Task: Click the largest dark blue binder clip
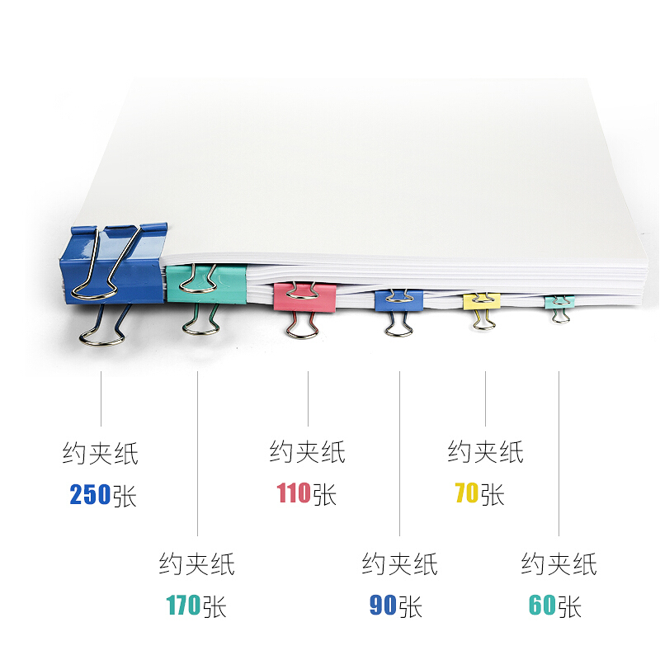point(114,265)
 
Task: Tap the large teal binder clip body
point(206,283)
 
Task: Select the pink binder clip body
point(304,297)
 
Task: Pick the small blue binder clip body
point(399,300)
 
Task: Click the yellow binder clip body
point(482,301)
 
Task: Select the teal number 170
point(183,606)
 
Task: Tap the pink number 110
point(294,493)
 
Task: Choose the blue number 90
point(383,606)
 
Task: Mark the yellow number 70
point(467,493)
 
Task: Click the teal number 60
point(542,606)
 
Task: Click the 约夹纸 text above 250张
point(101,453)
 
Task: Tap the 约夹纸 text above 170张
point(197,564)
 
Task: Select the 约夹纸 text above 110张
point(308,452)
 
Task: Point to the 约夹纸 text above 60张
point(559,564)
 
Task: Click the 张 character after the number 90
point(410,606)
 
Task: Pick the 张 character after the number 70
point(493,493)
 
